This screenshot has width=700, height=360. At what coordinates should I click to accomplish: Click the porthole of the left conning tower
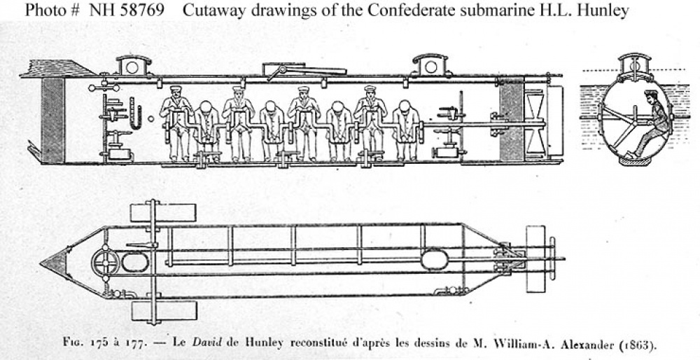[132, 67]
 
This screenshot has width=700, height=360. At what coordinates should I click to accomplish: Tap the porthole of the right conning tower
[430, 67]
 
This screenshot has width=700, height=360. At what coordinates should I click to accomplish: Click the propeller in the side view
[535, 121]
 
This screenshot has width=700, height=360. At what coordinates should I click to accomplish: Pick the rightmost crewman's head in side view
[405, 106]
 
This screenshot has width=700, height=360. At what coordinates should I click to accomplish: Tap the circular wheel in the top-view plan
[106, 263]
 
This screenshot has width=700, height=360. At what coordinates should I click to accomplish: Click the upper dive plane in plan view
[163, 213]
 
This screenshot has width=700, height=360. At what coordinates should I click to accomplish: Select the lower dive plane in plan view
[164, 311]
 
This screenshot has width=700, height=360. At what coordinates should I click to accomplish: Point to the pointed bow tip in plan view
[41, 263]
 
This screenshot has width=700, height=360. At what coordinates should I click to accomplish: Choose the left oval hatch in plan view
[135, 262]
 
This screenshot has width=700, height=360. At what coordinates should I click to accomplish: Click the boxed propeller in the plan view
[535, 259]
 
